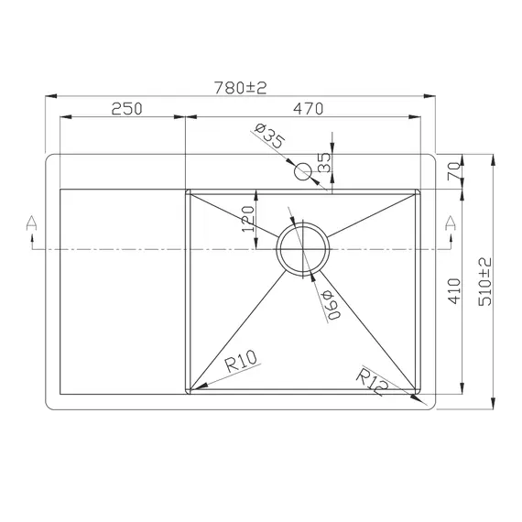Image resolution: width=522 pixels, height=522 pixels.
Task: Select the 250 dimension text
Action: (125, 109)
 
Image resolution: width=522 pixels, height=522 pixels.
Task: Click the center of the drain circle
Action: (302, 248)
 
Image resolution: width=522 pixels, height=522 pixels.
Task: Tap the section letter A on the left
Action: (31, 223)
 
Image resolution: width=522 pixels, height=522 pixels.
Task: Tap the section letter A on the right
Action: (449, 223)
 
